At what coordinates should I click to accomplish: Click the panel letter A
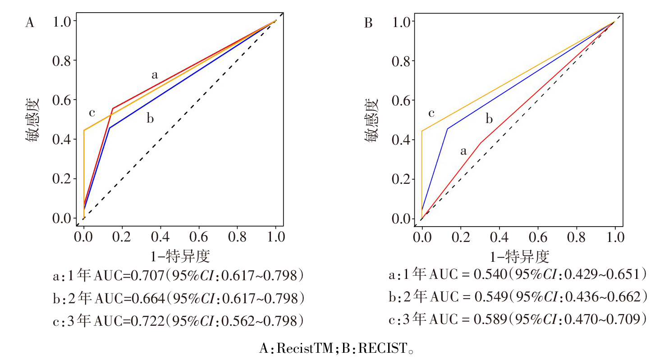click(x=29, y=23)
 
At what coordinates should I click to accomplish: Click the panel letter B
click(x=368, y=23)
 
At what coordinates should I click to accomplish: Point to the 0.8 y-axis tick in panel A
click(x=63, y=60)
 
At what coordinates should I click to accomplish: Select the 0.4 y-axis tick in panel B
click(x=401, y=140)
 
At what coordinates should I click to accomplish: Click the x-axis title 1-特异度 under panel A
click(x=180, y=257)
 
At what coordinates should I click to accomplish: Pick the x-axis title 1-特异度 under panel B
click(x=519, y=258)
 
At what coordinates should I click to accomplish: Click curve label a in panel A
click(x=155, y=75)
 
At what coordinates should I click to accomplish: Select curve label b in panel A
click(x=150, y=119)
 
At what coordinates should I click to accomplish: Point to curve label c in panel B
click(x=431, y=113)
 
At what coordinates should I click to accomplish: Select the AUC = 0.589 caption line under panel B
click(x=518, y=319)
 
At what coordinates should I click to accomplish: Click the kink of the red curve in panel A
click(x=112, y=109)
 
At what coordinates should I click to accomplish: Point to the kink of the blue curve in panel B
click(x=447, y=129)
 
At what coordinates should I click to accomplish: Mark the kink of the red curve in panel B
click(x=481, y=143)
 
